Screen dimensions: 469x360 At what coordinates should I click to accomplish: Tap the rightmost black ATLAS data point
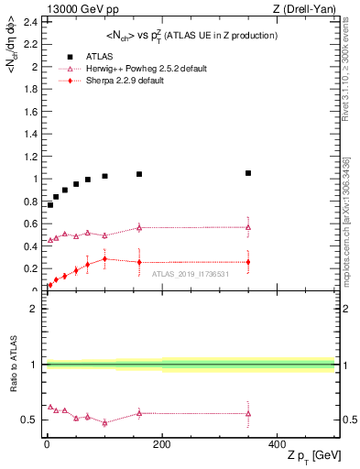point(247,173)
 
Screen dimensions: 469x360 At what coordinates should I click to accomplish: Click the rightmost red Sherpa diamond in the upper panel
point(247,262)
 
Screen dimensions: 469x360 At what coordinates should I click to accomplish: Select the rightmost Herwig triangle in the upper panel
point(247,227)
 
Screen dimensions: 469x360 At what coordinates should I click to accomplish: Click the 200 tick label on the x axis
point(161,444)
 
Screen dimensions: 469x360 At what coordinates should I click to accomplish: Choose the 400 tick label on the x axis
point(277,444)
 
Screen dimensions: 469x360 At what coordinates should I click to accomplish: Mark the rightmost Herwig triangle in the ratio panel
point(247,413)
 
